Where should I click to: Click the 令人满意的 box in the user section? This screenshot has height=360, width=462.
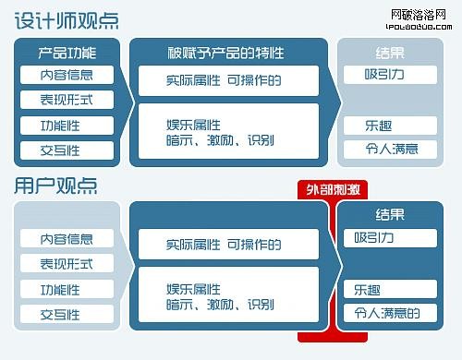pos(389,313)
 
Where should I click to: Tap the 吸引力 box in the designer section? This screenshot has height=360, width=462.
pos(388,75)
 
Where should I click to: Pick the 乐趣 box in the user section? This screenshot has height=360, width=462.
pos(389,289)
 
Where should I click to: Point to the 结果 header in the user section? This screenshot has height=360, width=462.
pos(389,214)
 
